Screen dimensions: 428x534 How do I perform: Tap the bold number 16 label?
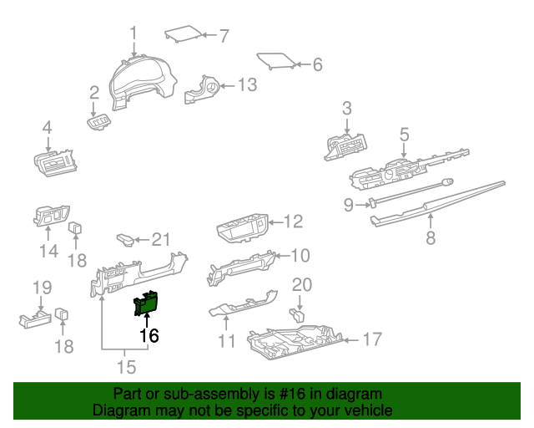pos(149,336)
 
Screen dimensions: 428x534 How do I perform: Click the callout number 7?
pos(223,35)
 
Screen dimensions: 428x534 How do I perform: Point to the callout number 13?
pos(248,84)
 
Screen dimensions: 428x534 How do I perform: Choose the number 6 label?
pos(316,64)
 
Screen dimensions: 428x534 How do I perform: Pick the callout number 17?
pos(372,339)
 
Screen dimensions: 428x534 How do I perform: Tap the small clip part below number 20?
pos(295,316)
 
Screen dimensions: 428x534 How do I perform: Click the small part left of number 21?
pos(125,240)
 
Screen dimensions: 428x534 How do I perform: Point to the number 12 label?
pos(292,222)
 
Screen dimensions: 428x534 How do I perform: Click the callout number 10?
pos(300,255)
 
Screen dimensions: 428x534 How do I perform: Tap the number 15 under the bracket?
pos(125,366)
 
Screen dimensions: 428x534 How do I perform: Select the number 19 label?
pos(42,288)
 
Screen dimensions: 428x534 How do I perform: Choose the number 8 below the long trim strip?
pos(431,238)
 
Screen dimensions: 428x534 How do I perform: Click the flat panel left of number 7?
pos(182,34)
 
